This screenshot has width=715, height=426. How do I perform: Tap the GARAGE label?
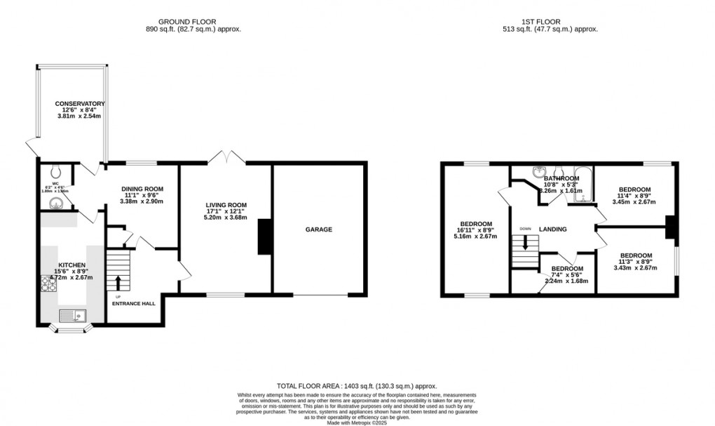point(318,229)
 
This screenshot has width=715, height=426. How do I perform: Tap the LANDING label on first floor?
point(552,229)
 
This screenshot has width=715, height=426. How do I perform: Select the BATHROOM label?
point(561,179)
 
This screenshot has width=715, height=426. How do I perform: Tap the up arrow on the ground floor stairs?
point(118,281)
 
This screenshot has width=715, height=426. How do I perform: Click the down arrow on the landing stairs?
point(525,246)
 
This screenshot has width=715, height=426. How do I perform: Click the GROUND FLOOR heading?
point(186,22)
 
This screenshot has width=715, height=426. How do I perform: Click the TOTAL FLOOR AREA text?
point(308,386)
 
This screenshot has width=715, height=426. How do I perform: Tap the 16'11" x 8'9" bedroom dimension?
point(475,229)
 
